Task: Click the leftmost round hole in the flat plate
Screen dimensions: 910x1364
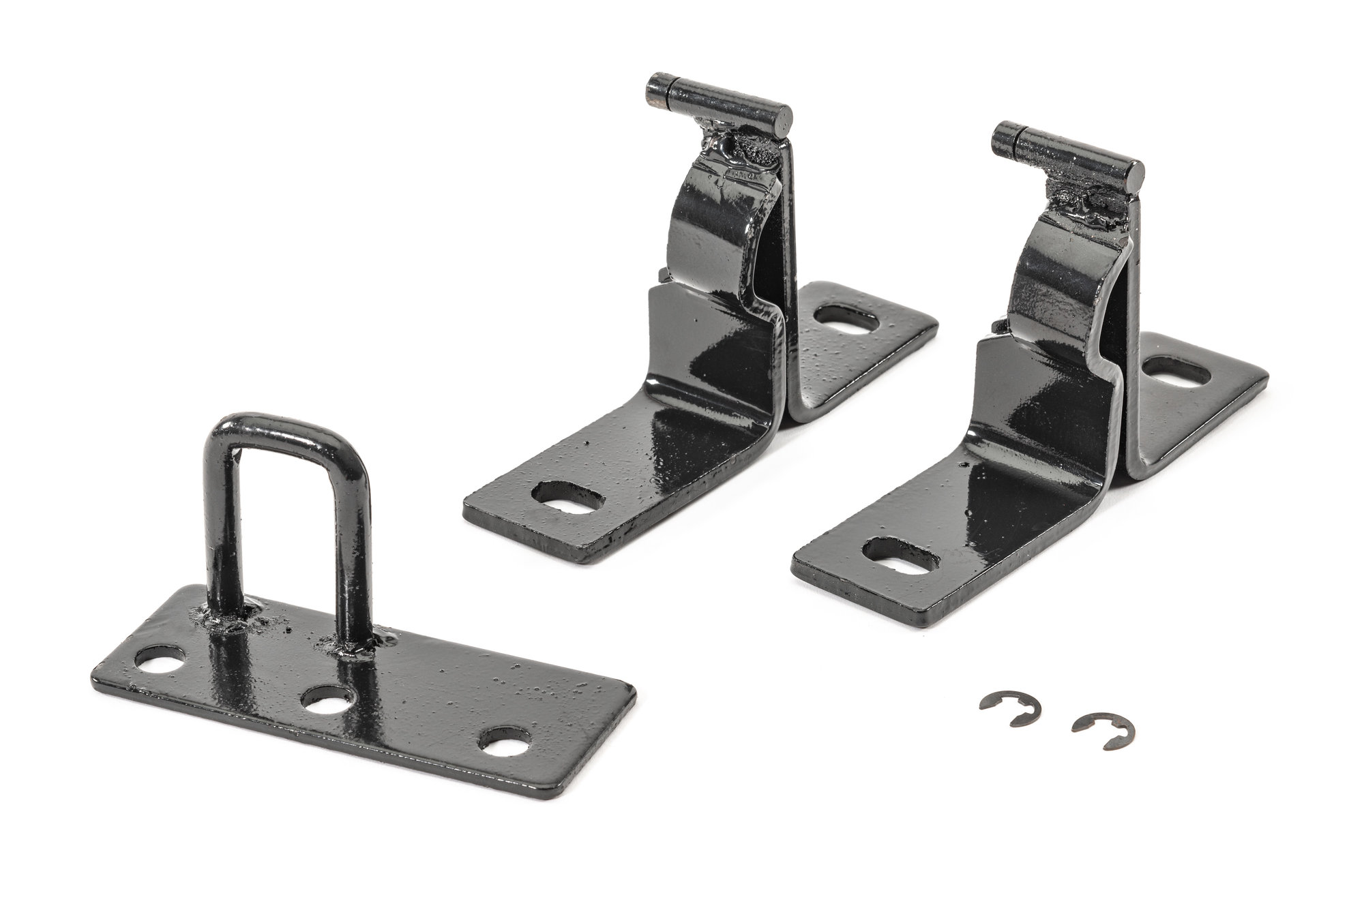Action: [160, 659]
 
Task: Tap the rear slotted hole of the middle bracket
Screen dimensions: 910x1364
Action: [843, 316]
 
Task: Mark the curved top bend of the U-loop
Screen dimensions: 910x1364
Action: [286, 426]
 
